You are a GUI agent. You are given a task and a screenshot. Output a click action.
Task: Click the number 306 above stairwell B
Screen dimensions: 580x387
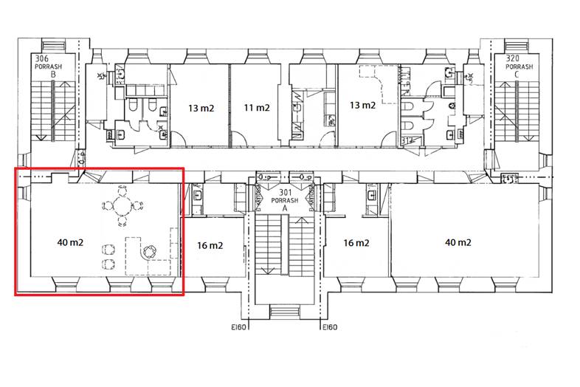[42, 58]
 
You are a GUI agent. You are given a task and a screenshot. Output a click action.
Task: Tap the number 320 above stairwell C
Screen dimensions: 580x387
[512, 58]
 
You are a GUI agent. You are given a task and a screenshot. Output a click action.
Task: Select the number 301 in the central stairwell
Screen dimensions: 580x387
[285, 193]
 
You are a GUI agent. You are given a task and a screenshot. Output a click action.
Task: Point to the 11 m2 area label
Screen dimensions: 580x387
[257, 108]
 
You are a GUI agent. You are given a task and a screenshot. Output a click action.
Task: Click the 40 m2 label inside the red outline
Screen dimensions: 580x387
[70, 242]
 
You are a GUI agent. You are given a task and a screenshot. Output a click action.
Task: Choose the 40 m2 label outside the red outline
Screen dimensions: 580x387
[458, 242]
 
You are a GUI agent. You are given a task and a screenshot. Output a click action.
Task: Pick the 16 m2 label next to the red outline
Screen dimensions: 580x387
[210, 245]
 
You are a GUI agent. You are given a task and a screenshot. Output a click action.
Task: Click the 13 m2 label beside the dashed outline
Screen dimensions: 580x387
[362, 105]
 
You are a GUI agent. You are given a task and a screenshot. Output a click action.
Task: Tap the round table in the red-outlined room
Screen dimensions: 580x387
[122, 206]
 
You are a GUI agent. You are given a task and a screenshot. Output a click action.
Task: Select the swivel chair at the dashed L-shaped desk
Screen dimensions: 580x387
[150, 251]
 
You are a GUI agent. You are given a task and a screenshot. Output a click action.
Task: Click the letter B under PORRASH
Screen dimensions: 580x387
[53, 75]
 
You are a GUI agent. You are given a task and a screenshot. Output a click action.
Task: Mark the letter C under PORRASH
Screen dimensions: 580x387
[517, 75]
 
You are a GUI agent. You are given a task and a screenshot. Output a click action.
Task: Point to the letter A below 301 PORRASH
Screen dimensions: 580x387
[285, 208]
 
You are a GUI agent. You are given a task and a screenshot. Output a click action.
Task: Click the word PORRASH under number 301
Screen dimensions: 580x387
[285, 201]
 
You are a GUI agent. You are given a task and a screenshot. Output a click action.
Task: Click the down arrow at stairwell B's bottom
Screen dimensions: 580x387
[41, 137]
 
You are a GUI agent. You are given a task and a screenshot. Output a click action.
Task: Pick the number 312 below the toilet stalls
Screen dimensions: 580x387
[407, 141]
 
